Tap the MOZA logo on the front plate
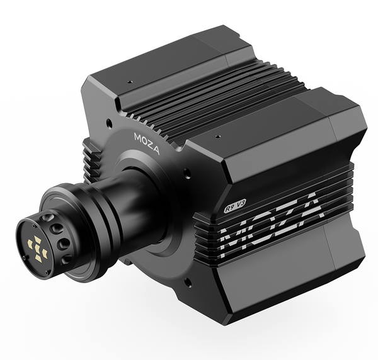(x=147, y=143)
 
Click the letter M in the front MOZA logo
(x=139, y=137)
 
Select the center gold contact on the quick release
(x=37, y=248)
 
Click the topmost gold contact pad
(x=38, y=239)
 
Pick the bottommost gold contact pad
(x=39, y=258)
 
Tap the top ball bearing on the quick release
(x=47, y=218)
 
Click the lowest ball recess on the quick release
(x=66, y=259)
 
